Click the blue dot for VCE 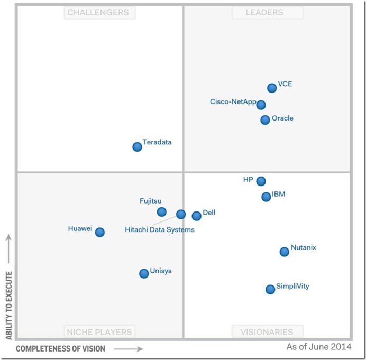tap(272, 88)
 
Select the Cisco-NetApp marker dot tap(261, 105)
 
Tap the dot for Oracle tap(265, 120)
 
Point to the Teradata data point tap(137, 146)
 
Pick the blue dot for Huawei tap(99, 232)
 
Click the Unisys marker tap(144, 273)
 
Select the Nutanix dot tap(285, 252)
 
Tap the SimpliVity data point tap(270, 289)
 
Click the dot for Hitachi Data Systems tap(181, 214)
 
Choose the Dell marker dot tap(196, 216)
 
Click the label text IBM tap(279, 195)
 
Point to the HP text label tap(248, 180)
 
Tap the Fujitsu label tap(151, 201)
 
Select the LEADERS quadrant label tap(267, 12)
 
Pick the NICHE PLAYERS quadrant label tap(99, 332)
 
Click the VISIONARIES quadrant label tap(267, 332)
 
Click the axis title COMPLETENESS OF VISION tap(60, 349)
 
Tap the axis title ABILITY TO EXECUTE tap(8, 306)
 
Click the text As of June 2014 tap(319, 347)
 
